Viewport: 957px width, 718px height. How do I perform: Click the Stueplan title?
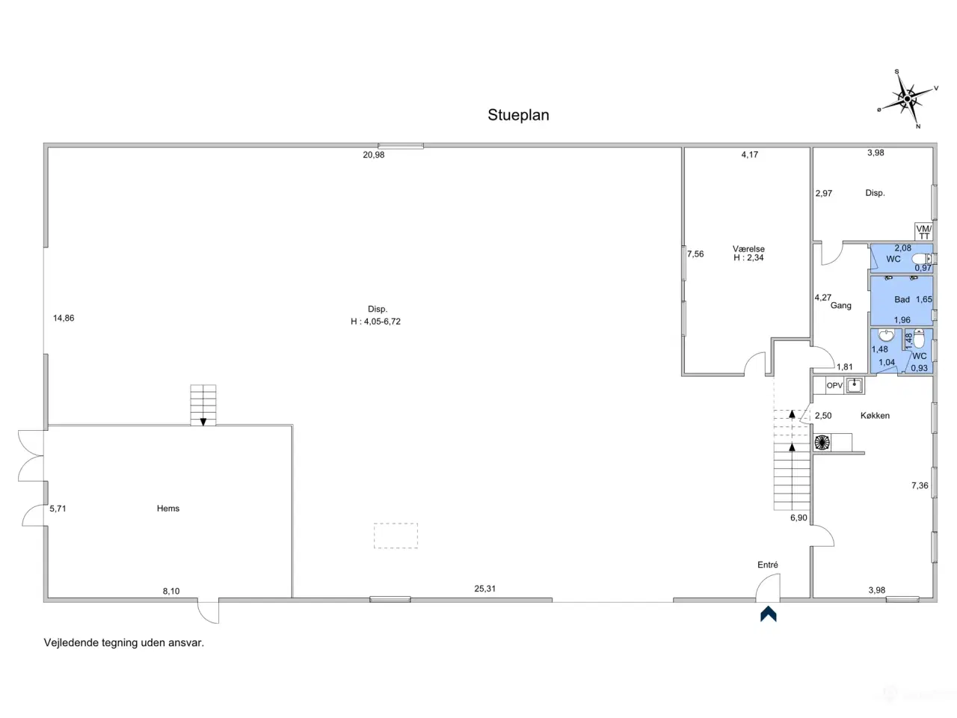tap(518, 115)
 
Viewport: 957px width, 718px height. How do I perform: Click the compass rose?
tap(907, 99)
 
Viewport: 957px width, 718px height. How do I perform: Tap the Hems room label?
tap(168, 509)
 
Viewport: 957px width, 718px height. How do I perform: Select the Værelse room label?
tap(748, 249)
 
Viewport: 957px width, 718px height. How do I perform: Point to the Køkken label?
tap(875, 415)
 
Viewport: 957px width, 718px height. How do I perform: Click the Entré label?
tap(767, 565)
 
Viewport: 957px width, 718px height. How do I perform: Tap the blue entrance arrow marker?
tap(768, 614)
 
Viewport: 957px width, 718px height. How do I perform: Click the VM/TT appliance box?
tap(923, 232)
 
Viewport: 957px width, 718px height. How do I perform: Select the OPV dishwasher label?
tap(834, 385)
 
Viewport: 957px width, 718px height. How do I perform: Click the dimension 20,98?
tap(374, 155)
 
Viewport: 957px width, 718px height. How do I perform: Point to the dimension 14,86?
tap(64, 319)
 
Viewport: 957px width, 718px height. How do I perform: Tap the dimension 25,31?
tap(484, 589)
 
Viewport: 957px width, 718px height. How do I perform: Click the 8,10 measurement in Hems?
tap(171, 591)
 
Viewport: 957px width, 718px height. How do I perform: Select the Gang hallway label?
tap(840, 305)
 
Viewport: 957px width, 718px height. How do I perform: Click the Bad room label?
tap(902, 299)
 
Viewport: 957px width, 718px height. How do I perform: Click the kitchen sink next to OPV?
tap(855, 385)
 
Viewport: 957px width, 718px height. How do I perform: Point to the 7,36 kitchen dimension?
tap(920, 485)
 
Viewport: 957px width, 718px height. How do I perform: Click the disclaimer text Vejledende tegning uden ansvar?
tap(124, 642)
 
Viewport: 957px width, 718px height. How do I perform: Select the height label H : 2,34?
tap(748, 257)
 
